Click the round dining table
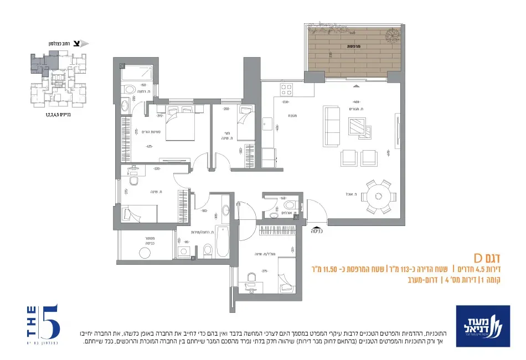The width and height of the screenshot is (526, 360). pos(379,196)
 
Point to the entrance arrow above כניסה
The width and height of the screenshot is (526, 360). pos(316,227)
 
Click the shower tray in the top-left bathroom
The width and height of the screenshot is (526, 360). pos(136,74)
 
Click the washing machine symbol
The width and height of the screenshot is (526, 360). pos(145,253)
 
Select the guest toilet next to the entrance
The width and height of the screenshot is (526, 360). pos(289,205)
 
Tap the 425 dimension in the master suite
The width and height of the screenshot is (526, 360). pos(149,147)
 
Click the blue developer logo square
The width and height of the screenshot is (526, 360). pos(479,326)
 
